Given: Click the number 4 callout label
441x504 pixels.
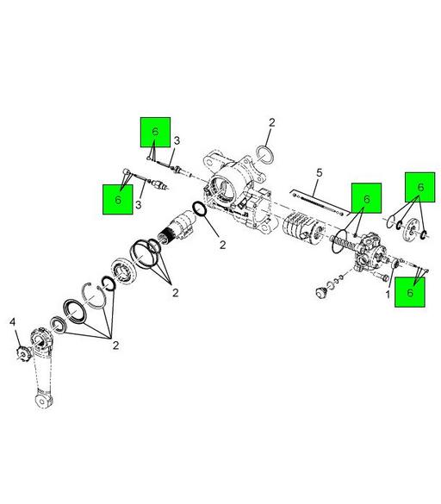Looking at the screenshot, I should [x=13, y=322].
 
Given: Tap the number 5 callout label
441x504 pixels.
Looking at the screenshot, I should [x=318, y=173].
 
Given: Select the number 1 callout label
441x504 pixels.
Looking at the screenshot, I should [x=388, y=294].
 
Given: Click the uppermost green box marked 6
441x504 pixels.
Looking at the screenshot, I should [x=155, y=133].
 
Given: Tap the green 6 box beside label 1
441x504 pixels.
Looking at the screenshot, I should [x=410, y=293].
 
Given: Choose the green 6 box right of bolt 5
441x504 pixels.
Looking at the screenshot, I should [x=365, y=199].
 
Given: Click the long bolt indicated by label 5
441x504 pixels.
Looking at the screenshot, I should [x=319, y=205].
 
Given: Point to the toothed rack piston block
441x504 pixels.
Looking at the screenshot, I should [x=298, y=230].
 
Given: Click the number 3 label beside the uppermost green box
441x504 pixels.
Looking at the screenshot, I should [x=176, y=141].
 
